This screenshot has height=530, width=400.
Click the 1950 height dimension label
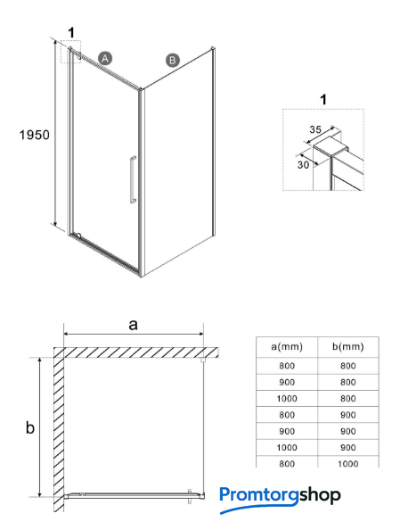point(34,135)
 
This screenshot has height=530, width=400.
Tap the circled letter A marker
point(105,59)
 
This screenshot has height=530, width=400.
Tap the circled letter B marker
point(173,61)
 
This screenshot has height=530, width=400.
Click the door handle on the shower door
point(133,179)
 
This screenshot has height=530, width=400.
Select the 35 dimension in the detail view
point(315,129)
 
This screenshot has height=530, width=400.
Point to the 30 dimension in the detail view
point(303,164)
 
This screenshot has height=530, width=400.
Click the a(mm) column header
point(287,346)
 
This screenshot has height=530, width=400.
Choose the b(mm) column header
point(348,346)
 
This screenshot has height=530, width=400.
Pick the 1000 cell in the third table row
point(287,399)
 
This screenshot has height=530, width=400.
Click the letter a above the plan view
point(134,325)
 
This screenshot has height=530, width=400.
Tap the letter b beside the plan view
point(30,427)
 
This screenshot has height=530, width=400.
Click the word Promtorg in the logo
point(259,496)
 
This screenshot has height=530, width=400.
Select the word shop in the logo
point(320,496)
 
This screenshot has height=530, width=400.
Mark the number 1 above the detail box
point(323,99)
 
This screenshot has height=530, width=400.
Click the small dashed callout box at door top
point(70,52)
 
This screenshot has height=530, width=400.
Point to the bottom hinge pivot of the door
point(78,235)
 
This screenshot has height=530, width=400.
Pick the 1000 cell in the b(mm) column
point(348,463)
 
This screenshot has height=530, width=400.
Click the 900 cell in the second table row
point(287,382)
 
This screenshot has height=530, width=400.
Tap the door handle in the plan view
point(190,496)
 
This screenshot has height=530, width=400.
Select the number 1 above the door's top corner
point(71,33)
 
